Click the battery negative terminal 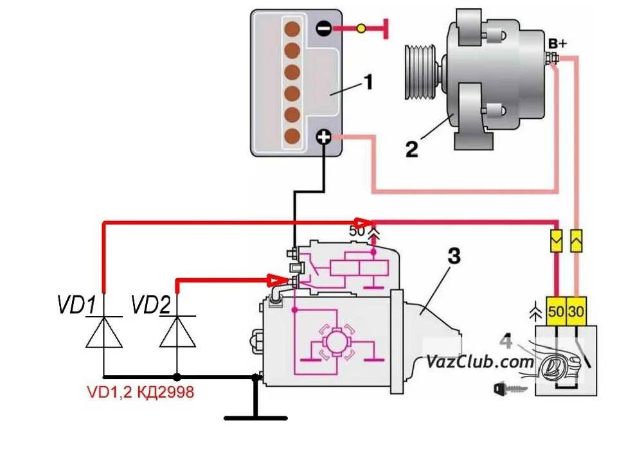pos(324,28)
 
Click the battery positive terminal pos(324,137)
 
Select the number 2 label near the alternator pos(411,149)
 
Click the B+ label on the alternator pos(557,44)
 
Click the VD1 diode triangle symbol pos(104,332)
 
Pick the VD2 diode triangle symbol pos(177,332)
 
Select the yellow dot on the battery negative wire pos(361,28)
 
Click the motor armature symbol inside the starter pos(335,343)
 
